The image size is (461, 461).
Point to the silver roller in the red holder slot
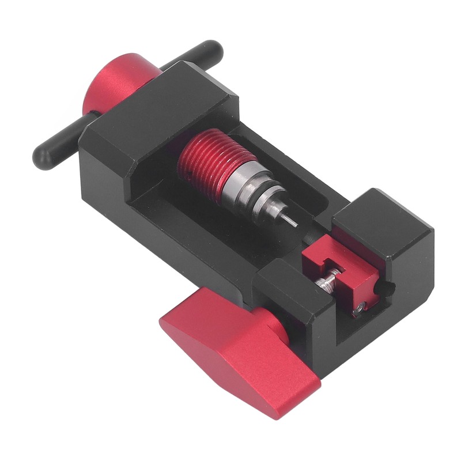pyautogui.click(x=326, y=283)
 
